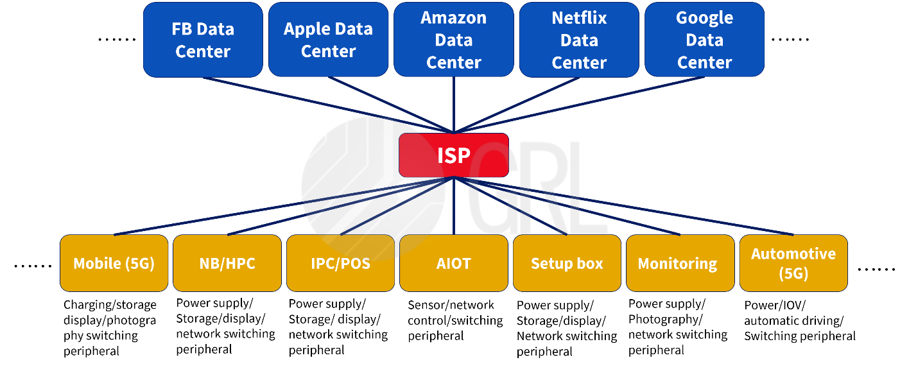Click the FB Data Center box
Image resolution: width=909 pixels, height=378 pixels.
coord(203,40)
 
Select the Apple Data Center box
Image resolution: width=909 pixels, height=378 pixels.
coord(328,40)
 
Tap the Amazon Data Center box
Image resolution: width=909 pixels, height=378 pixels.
coord(453,40)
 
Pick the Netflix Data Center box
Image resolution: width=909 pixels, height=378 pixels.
coord(579,40)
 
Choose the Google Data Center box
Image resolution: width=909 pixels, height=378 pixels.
coord(704,40)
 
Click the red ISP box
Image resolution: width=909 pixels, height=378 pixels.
coord(453,155)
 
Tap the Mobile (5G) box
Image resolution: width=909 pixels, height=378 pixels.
coord(114,263)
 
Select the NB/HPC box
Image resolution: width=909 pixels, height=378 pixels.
coord(227,263)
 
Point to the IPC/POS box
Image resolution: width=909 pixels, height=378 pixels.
coord(340,263)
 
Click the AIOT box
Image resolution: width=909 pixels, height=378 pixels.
coord(453,263)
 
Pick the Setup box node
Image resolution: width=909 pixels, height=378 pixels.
coord(567,263)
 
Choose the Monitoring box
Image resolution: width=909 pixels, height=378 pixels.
coord(680,263)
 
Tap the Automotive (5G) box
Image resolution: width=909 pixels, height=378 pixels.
coord(793,263)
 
